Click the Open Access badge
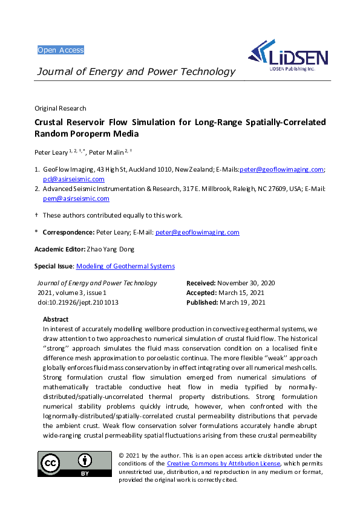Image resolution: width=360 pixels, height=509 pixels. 61,50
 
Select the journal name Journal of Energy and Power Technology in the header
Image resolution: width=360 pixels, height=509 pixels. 136,72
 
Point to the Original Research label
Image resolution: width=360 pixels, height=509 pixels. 60,109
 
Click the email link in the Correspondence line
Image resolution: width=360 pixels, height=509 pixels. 197,232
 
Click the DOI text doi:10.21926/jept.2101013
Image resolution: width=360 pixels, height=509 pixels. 77,302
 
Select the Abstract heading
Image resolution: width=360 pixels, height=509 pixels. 56,319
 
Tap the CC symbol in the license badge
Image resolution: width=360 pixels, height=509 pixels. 51,464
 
